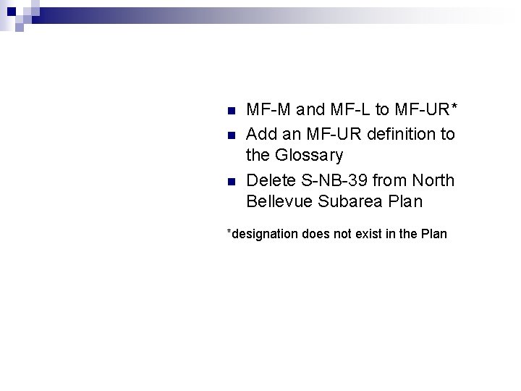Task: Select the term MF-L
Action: [352, 111]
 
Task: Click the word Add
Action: [261, 134]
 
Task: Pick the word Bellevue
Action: [279, 201]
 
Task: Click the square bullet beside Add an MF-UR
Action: [231, 135]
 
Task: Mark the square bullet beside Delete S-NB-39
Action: [231, 181]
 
